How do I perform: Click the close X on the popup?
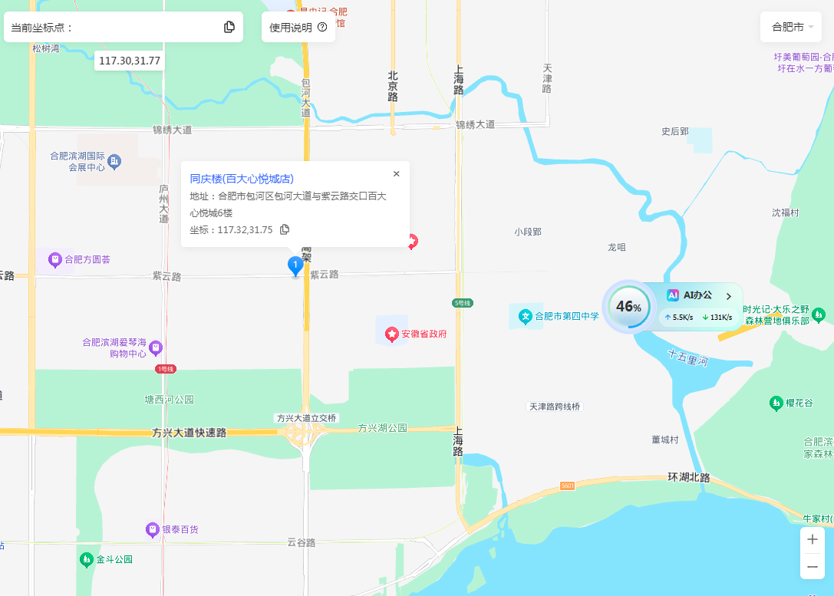click(x=396, y=174)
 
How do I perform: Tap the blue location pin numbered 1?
click(x=295, y=265)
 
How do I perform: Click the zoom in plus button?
click(x=812, y=539)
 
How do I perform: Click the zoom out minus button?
click(x=812, y=567)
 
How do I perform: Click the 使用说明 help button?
click(x=298, y=27)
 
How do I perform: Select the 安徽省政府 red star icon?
click(x=393, y=334)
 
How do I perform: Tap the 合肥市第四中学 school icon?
click(x=526, y=315)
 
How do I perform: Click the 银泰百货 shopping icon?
click(x=153, y=529)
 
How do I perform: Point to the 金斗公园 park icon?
click(x=87, y=559)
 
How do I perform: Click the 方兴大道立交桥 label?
click(x=306, y=418)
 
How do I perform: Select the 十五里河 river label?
click(x=687, y=357)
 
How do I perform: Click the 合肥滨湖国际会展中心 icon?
click(x=114, y=161)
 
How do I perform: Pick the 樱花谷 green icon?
click(x=776, y=403)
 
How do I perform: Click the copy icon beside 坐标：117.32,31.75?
click(x=285, y=229)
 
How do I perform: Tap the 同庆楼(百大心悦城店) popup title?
click(x=242, y=179)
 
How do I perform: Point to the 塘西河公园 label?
click(x=170, y=400)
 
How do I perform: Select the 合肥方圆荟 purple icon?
click(x=55, y=259)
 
